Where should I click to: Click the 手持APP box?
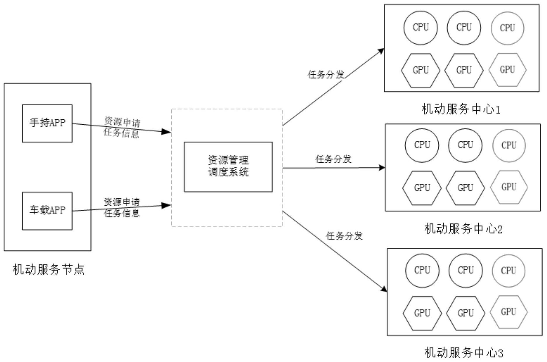(x=47, y=123)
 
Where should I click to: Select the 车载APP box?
(x=47, y=211)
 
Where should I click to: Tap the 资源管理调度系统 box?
(x=228, y=167)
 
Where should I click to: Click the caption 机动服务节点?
(x=48, y=270)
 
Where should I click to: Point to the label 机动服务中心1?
(x=461, y=109)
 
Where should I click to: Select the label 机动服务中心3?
(x=463, y=353)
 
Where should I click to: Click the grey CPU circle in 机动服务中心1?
(x=507, y=28)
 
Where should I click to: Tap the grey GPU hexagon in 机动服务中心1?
(x=507, y=70)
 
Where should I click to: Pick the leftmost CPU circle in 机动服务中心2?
(x=422, y=145)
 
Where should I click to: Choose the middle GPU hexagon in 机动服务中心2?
(x=465, y=188)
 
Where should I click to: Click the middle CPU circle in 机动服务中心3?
(x=466, y=270)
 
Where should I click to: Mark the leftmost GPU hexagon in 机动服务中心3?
(x=422, y=313)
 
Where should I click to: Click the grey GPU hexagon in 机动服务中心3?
(x=508, y=312)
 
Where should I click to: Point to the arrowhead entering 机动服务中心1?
(x=381, y=51)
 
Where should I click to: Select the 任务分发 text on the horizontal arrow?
(x=333, y=159)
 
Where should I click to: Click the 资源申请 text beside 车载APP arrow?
(x=122, y=202)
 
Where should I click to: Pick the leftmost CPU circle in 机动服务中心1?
(x=421, y=28)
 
